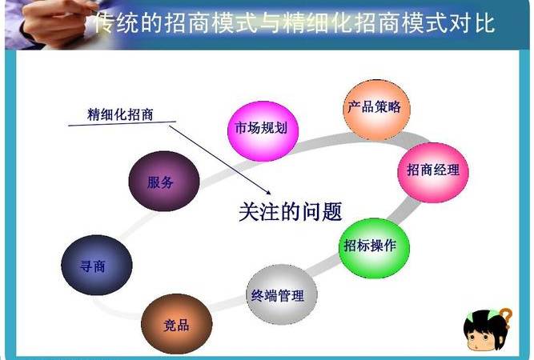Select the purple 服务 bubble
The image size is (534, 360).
160,182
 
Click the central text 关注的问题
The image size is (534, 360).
291,212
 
